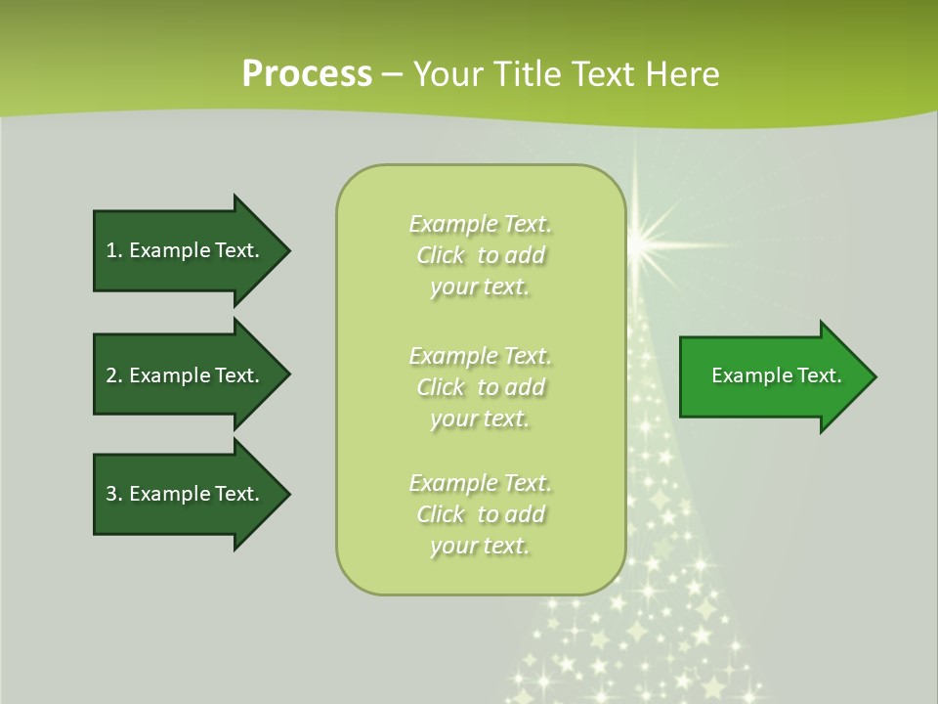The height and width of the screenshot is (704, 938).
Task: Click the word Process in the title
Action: (x=308, y=74)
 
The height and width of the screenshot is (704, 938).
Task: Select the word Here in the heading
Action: (x=683, y=74)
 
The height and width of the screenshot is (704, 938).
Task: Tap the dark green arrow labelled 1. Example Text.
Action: (x=192, y=251)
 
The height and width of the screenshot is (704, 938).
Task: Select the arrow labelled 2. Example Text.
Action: (x=192, y=374)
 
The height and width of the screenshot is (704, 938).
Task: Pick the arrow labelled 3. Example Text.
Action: (x=192, y=494)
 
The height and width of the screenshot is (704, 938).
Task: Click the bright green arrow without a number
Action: (x=778, y=376)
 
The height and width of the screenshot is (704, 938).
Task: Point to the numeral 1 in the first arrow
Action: (x=111, y=250)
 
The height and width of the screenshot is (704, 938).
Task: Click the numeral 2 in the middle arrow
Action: (x=111, y=375)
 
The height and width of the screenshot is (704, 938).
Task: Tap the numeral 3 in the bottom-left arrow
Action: (x=111, y=494)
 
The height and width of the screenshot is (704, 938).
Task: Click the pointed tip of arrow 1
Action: (x=291, y=251)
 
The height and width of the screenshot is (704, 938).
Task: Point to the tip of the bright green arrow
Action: (x=877, y=376)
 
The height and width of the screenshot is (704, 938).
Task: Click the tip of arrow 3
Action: (x=291, y=494)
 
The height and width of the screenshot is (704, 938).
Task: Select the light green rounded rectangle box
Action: (x=481, y=379)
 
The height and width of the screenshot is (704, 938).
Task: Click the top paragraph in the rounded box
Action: (x=481, y=255)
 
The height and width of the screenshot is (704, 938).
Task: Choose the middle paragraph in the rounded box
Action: (x=481, y=387)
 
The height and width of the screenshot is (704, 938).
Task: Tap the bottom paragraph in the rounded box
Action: (x=481, y=514)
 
